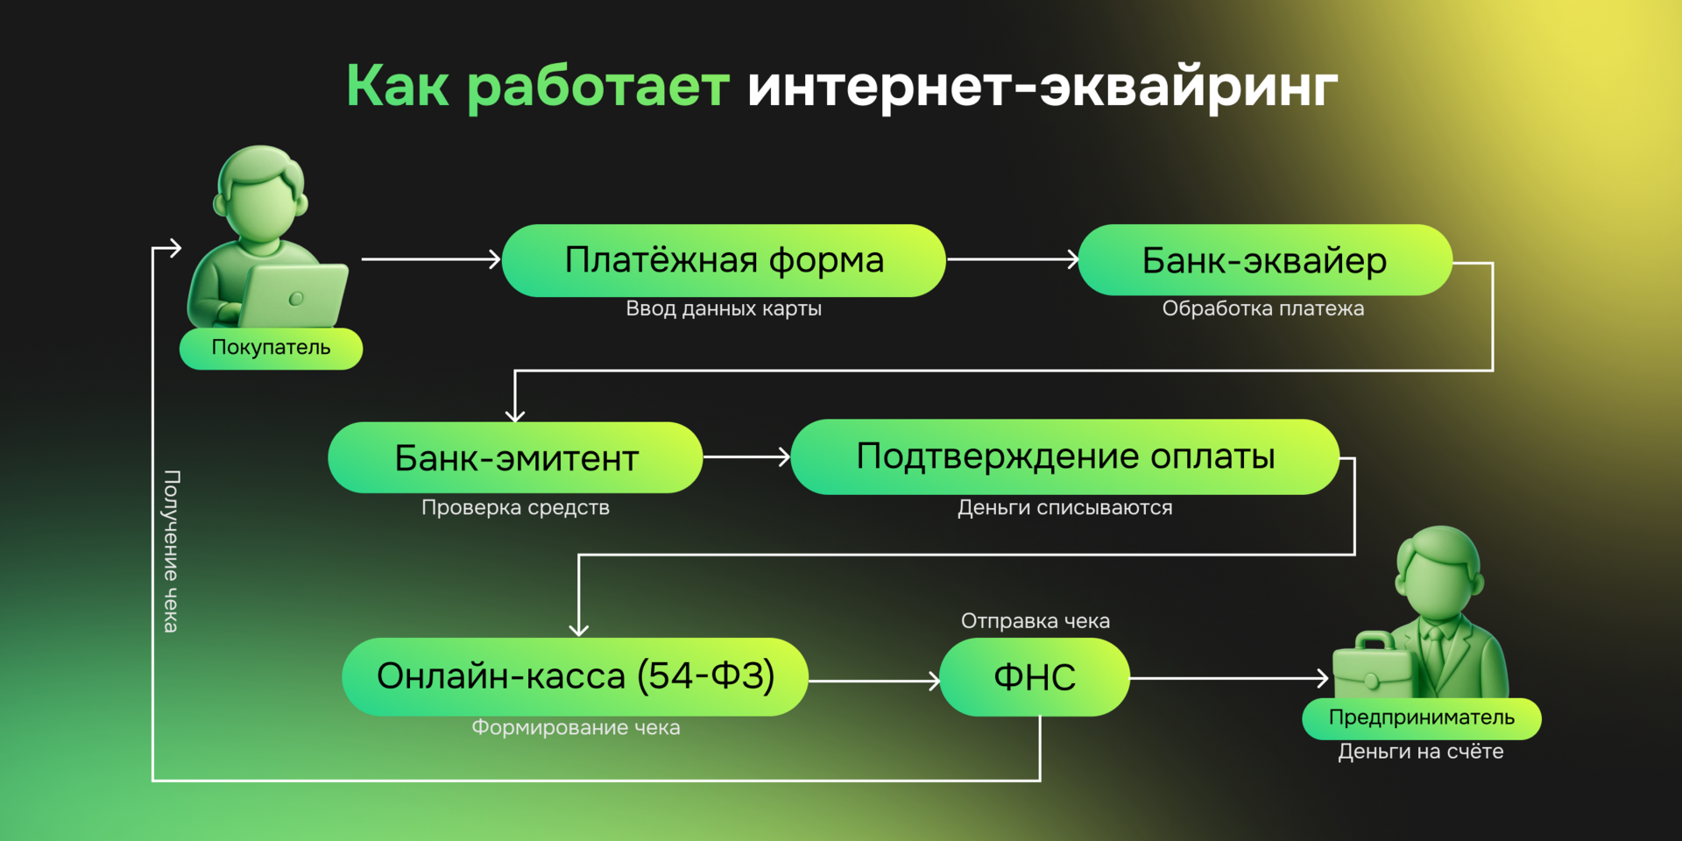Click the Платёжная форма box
click(724, 260)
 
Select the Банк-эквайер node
click(1264, 260)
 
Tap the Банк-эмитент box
click(515, 457)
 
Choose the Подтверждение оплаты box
click(1064, 456)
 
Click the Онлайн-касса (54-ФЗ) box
click(575, 676)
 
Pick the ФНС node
click(1034, 677)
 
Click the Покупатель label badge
click(271, 348)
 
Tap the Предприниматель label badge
click(1421, 717)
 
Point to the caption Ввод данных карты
click(724, 308)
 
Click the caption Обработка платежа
click(1262, 308)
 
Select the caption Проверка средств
click(515, 507)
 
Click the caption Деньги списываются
click(1064, 507)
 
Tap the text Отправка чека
click(1035, 621)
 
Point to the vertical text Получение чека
click(171, 551)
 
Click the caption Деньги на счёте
click(1420, 752)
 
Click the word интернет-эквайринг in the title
click(1042, 86)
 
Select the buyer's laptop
click(293, 296)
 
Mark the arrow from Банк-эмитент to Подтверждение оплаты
click(746, 456)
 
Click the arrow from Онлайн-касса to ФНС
click(873, 681)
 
